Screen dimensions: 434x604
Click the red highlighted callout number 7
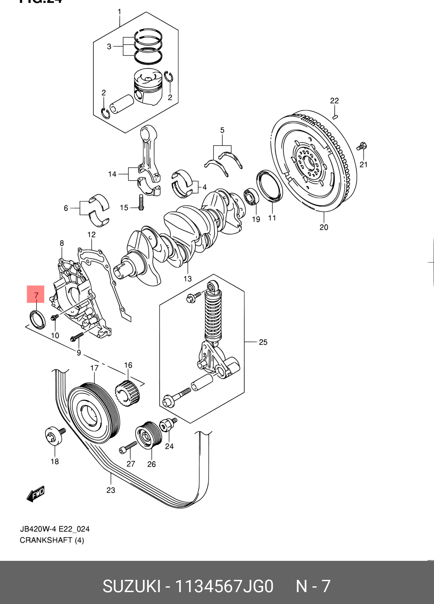(x=36, y=294)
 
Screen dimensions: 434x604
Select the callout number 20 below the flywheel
(x=324, y=227)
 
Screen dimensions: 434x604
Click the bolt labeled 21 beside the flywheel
(x=361, y=147)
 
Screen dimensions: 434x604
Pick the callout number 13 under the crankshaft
(x=188, y=279)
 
